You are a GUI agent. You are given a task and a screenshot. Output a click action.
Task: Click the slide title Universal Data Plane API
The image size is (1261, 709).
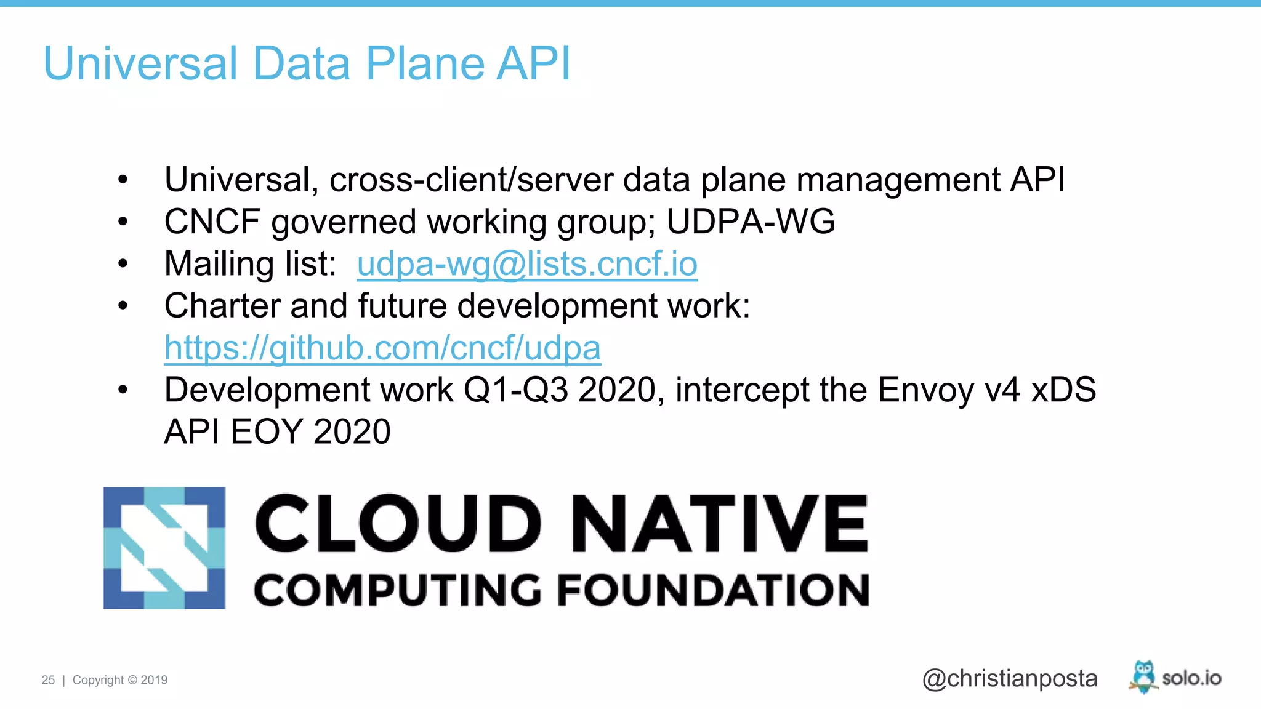pos(307,63)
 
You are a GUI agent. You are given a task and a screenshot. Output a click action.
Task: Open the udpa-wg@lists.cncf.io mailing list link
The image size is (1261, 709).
pos(527,264)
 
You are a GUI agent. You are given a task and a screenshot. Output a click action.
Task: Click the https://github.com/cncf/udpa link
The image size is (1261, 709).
pos(382,348)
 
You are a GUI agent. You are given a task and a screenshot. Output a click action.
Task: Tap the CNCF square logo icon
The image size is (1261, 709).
pos(164,548)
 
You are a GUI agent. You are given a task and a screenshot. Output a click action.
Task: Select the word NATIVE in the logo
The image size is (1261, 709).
pos(719,524)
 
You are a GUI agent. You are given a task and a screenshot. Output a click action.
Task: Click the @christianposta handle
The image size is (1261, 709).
pos(1010,678)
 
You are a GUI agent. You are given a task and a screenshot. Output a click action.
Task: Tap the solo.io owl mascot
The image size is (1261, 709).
pos(1143,676)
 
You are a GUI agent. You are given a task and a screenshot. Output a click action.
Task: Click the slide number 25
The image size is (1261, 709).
pos(48,680)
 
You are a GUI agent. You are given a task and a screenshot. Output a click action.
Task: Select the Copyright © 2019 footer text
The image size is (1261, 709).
pos(120,680)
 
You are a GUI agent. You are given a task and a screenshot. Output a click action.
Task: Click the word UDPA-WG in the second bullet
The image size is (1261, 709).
pos(751,222)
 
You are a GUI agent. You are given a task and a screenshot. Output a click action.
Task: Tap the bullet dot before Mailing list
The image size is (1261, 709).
pos(123,264)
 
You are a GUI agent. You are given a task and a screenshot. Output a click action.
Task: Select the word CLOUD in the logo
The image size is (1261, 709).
pos(398,524)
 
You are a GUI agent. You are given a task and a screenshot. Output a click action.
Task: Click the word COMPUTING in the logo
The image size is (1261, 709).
pos(398,590)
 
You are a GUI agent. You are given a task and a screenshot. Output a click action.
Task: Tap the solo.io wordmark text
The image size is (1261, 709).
pos(1191,678)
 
